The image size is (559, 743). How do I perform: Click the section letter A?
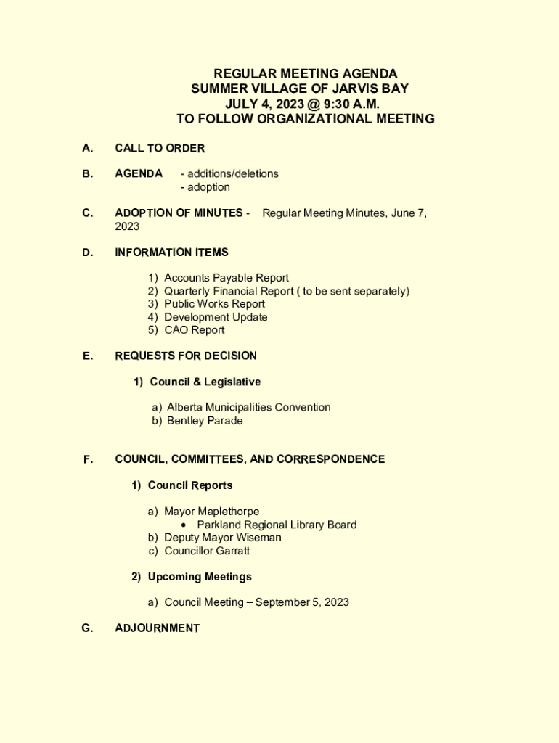pyautogui.click(x=87, y=148)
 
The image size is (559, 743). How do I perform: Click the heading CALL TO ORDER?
pyautogui.click(x=160, y=148)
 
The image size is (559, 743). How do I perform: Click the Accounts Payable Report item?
pyautogui.click(x=226, y=278)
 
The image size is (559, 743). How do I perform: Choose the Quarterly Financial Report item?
pyautogui.click(x=286, y=291)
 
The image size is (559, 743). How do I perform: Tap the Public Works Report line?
pyautogui.click(x=214, y=304)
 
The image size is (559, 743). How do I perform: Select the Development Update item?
pyautogui.click(x=216, y=317)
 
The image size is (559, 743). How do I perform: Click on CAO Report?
pyautogui.click(x=194, y=330)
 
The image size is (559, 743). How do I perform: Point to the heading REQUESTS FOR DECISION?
pyautogui.click(x=186, y=356)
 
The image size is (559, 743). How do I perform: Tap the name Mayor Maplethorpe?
pyautogui.click(x=211, y=512)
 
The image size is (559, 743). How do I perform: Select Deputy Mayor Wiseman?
pyautogui.click(x=222, y=538)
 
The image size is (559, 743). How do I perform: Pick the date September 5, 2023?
pyautogui.click(x=302, y=602)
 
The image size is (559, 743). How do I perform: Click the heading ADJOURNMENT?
pyautogui.click(x=157, y=628)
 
